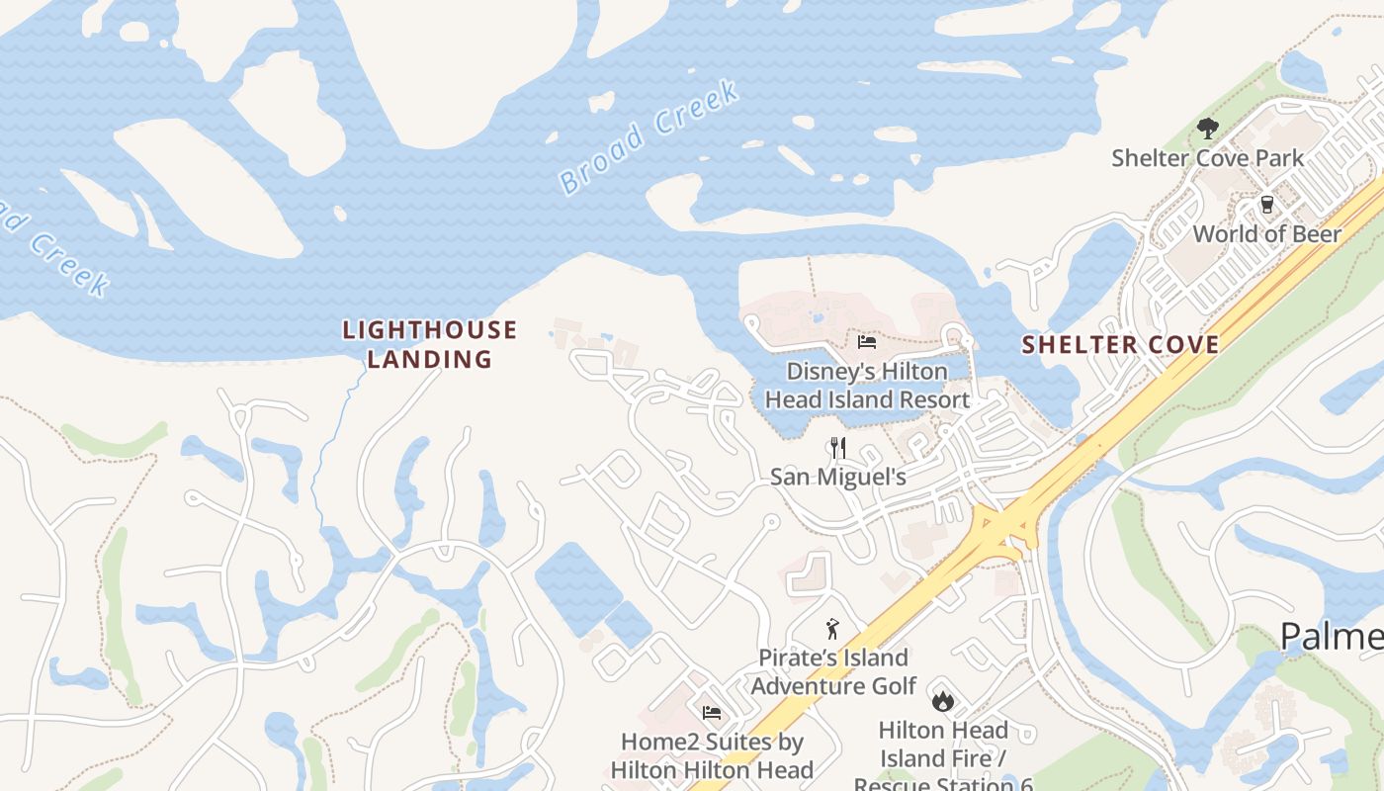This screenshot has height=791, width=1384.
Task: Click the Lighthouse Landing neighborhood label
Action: coord(429,344)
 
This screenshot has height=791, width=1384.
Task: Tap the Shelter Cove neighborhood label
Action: coord(1120,345)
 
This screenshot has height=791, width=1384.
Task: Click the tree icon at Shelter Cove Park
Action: coord(1207,128)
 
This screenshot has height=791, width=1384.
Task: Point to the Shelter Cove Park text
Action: coord(1207,158)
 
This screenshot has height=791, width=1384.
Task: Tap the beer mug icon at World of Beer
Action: coord(1266,204)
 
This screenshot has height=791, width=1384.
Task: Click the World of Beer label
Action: coord(1266,234)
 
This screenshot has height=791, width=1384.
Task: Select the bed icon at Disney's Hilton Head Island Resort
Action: coord(867,342)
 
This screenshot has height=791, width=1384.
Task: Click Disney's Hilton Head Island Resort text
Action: coord(867,386)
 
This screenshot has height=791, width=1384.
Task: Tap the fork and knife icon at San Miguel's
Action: coord(838,448)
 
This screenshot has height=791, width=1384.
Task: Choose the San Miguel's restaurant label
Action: coord(838,478)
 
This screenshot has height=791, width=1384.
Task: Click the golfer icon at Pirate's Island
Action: coord(832,628)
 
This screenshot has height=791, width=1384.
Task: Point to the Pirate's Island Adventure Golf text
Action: coord(832,671)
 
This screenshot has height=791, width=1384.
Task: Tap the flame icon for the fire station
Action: coord(943,701)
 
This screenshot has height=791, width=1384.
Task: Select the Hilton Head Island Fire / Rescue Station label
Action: coord(943,757)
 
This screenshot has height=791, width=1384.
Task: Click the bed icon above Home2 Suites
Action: coord(711,712)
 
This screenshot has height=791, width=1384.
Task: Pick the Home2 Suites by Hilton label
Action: coord(711,755)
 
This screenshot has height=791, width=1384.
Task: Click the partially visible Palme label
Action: coord(1331,637)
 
